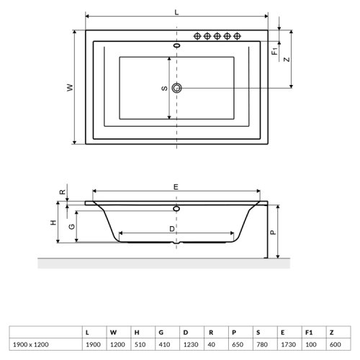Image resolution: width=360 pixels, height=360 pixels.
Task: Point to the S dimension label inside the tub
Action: coord(164,89)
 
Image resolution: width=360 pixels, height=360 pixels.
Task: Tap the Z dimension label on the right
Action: coord(287,60)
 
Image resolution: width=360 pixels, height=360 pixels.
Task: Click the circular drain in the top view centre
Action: coord(177,89)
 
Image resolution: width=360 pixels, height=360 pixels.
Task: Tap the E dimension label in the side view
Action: coord(176,186)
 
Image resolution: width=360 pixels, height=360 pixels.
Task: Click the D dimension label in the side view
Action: coord(171,228)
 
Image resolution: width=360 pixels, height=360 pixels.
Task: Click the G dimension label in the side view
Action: coord(71,226)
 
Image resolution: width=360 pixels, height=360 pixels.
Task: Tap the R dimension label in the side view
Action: coord(63,192)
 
